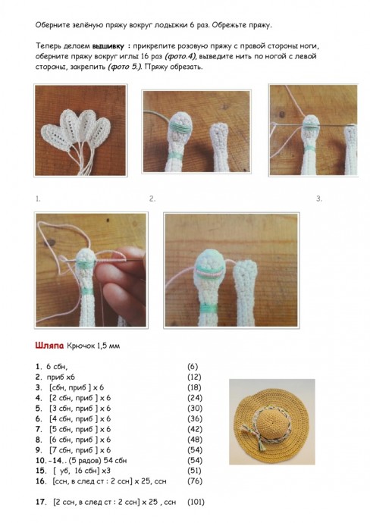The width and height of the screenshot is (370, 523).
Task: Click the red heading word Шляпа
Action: (49, 346)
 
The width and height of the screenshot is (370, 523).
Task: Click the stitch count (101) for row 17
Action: (196, 502)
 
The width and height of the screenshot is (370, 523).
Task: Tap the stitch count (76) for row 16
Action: (195, 481)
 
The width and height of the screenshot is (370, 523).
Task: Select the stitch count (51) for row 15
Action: (195, 471)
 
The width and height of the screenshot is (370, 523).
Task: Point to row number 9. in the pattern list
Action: (39, 450)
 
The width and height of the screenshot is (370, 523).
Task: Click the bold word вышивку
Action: (108, 46)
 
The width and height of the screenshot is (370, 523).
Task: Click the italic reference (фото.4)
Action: (180, 56)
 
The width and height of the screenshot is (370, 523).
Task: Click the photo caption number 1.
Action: (38, 199)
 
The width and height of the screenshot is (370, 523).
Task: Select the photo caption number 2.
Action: (152, 199)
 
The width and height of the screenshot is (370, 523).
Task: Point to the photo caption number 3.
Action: (319, 199)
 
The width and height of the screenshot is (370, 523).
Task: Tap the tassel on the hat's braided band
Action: (260, 443)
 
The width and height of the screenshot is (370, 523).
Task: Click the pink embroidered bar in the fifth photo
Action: (209, 272)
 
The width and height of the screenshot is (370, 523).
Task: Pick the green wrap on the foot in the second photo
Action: (180, 127)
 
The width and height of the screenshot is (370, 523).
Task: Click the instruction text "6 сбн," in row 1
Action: (57, 367)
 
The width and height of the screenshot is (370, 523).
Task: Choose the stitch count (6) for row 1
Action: (193, 367)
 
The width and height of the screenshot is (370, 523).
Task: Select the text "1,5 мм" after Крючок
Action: (108, 346)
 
